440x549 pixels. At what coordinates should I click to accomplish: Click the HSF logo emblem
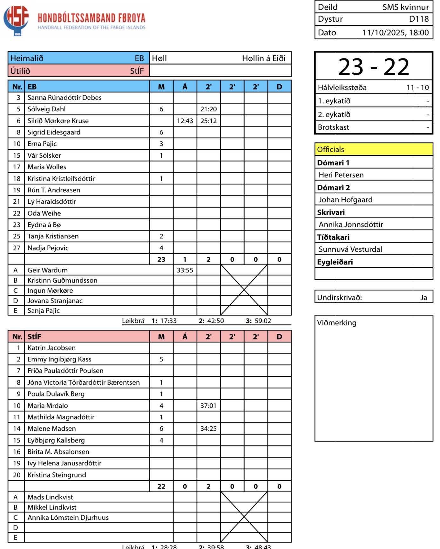coord(16,20)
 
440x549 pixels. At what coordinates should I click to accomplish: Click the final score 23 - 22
coord(374,67)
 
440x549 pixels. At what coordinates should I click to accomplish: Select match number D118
coord(419,19)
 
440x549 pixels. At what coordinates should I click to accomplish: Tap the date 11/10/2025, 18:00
coord(396,32)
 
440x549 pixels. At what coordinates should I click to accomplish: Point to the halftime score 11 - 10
coord(417,87)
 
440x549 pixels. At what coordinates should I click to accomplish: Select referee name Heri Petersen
coord(341,175)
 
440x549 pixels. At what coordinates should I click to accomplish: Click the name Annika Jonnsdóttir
coord(351,224)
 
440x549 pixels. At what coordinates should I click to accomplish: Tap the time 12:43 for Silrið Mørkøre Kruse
coord(185,121)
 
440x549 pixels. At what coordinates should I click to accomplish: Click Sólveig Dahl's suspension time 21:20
coord(208,109)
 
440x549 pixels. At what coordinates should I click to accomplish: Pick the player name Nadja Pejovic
coord(48,248)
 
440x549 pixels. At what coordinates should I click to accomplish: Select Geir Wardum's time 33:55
coord(185,270)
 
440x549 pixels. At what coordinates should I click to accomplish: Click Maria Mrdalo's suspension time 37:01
coord(208,406)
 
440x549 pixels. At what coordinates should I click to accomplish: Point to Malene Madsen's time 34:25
coord(208,429)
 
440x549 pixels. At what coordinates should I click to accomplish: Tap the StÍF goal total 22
coord(161,486)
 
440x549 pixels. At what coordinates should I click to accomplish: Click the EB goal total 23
coord(161,259)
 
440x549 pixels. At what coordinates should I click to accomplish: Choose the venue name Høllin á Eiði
coord(264,58)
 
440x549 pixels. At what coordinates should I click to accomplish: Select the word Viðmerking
coord(337,323)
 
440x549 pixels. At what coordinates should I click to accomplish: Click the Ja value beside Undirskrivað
coord(423,298)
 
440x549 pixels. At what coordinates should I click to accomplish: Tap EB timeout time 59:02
coord(263,321)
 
